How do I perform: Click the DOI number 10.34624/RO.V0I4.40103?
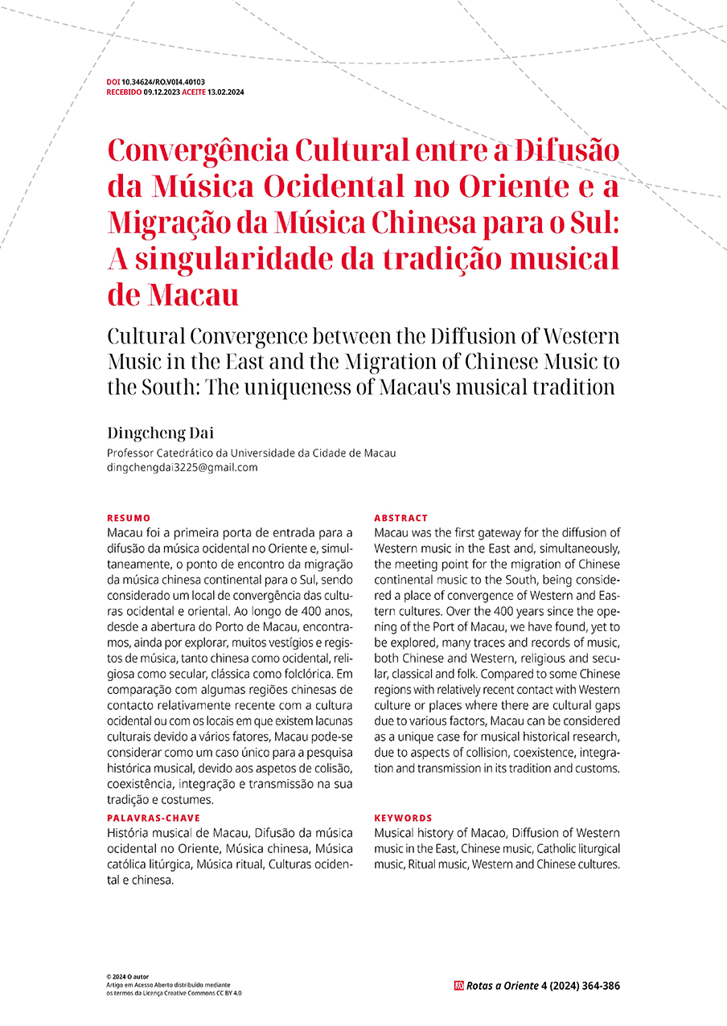[x=163, y=82]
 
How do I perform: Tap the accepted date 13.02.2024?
[x=226, y=92]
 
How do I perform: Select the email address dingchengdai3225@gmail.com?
[x=183, y=467]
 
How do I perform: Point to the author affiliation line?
[x=251, y=453]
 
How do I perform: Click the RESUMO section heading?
[x=129, y=518]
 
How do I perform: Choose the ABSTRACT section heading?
[x=401, y=518]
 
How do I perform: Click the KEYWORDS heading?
[x=403, y=817]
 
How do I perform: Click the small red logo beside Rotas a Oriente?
[x=458, y=986]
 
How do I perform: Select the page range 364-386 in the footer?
[x=599, y=986]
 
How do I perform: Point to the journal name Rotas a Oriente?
[x=503, y=986]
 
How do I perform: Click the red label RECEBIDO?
[x=124, y=92]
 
